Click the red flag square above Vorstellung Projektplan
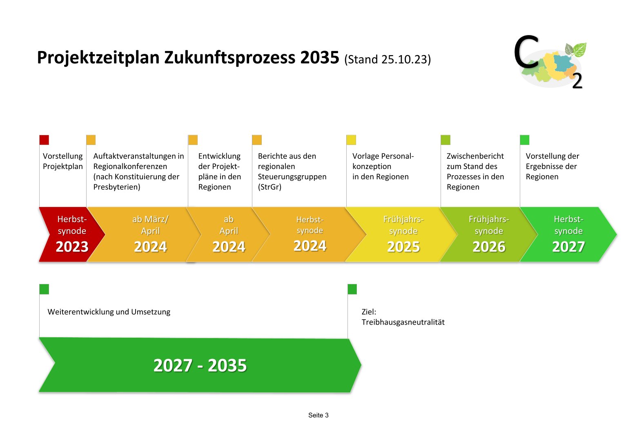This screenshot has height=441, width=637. pos(44,140)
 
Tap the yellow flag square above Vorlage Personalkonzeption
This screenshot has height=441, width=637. pos(351,140)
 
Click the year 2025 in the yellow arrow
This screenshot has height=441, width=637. pos(403,247)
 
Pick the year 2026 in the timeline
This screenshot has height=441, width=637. pos(489,247)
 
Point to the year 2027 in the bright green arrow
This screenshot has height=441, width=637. pos(568,247)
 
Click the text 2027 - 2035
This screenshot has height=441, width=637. pos(200,365)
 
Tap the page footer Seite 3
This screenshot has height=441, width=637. pos(318,415)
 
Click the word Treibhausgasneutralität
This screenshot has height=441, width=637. pos(403,322)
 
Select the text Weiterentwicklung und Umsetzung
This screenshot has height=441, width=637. pos(109,312)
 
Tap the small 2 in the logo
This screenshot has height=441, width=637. pos(577,82)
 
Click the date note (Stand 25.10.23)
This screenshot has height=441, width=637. pos(388,60)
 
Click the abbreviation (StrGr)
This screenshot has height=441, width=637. pos(269,187)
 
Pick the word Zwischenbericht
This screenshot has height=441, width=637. pos(475,156)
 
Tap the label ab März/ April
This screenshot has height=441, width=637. pos(150,225)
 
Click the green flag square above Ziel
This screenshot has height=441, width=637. pos(352,289)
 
